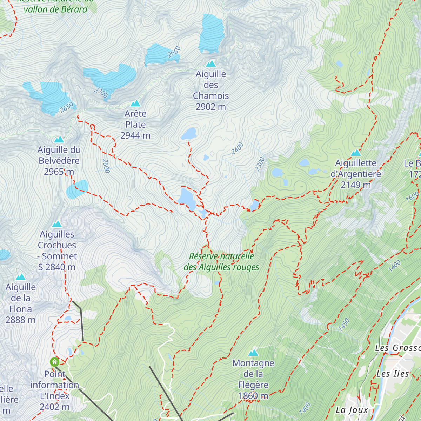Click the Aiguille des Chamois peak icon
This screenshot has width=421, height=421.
tap(211, 64)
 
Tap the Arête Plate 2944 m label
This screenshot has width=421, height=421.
tap(135, 125)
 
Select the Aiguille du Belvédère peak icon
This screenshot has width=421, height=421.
tap(59, 140)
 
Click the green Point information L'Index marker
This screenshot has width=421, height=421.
tap(54, 362)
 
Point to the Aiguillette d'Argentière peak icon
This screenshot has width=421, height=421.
tap(356, 153)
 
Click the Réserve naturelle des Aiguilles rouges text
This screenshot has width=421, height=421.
tap(221, 262)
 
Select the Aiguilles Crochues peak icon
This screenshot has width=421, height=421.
tap(57, 224)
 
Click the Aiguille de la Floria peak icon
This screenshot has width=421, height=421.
tap(21, 277)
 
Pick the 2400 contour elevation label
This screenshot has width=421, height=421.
tap(237, 148)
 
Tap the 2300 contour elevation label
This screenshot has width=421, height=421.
tap(260, 164)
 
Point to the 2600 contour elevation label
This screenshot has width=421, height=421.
tap(106, 166)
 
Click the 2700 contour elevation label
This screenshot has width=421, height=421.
tap(101, 93)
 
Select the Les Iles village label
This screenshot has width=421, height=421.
tap(393, 374)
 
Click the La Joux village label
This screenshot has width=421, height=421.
tap(352, 410)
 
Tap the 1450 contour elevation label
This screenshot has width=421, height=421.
tap(344, 324)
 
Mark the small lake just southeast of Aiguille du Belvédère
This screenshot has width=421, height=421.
tap(77, 189)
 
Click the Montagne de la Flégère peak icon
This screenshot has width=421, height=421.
tap(253, 353)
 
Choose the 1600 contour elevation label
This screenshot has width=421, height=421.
tap(412, 196)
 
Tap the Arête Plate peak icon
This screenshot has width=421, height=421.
tap(135, 103)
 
